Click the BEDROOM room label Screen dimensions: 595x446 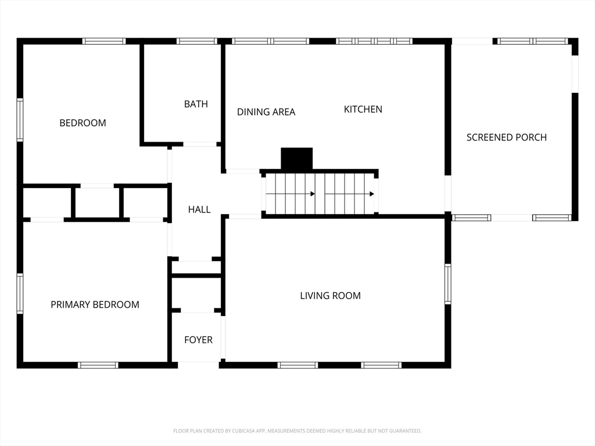(83, 123)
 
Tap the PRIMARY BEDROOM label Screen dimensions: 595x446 (95, 304)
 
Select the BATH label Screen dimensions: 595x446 (196, 104)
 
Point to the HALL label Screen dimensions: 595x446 (199, 209)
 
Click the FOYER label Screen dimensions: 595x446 (199, 340)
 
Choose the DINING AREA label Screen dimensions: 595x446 (266, 112)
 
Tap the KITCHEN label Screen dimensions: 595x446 (363, 109)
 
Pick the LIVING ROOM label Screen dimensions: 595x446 (330, 296)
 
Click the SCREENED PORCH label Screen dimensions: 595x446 (507, 137)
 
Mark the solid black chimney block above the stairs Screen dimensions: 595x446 (296, 159)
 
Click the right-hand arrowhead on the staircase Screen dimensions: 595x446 (372, 194)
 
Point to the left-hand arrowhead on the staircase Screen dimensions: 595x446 (313, 194)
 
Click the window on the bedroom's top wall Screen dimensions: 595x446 (104, 41)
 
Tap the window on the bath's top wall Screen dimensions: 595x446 (197, 41)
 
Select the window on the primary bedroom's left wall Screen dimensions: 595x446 (20, 293)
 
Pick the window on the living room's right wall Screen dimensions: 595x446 (448, 284)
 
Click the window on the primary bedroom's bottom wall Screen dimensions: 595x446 (98, 365)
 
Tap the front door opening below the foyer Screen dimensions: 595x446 (198, 365)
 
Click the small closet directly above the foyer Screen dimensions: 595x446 (196, 293)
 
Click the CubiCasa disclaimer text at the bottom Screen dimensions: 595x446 (297, 431)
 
